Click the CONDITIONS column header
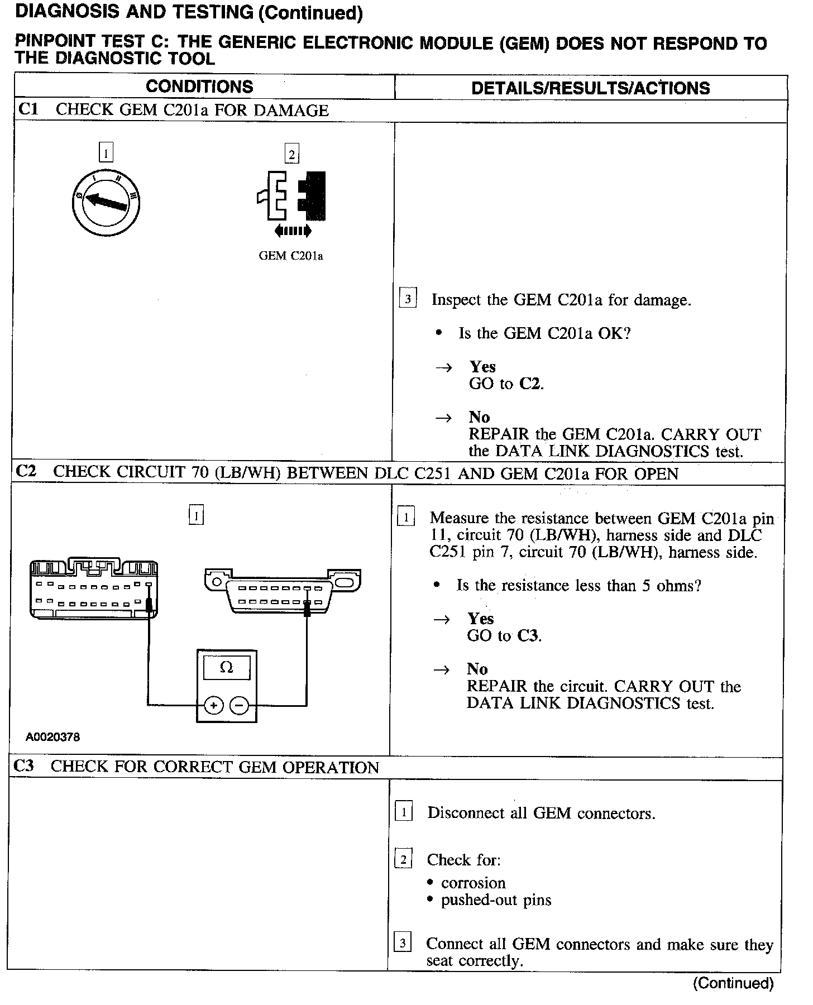point(199,87)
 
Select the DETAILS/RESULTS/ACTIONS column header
point(590,88)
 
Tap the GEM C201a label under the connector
point(291,256)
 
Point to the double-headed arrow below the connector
point(293,231)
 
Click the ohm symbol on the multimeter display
point(226,667)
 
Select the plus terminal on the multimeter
point(213,705)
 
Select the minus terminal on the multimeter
point(240,705)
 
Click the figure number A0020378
point(52,737)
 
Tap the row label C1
point(28,109)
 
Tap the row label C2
point(26,472)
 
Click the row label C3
point(23,766)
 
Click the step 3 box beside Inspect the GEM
point(408,299)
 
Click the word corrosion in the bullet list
point(473,883)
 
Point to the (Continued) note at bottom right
point(733,983)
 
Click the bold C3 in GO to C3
point(528,636)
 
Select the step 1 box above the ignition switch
point(106,152)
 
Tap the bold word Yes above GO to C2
point(482,367)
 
